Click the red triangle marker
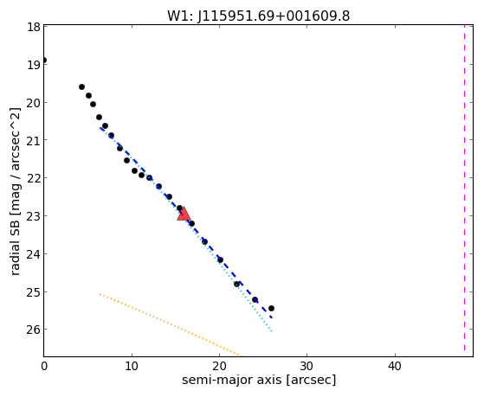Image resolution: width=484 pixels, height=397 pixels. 184,214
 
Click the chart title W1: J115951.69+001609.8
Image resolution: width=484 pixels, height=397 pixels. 258,16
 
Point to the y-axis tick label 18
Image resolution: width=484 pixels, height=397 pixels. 34,27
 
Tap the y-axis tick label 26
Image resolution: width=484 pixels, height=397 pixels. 34,330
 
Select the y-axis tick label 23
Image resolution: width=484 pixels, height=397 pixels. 34,215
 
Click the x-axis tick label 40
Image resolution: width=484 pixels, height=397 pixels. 395,366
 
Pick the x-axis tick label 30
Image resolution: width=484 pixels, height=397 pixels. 307,366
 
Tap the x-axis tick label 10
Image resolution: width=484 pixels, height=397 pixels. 132,366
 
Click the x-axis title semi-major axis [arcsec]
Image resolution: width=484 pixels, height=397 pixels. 259,380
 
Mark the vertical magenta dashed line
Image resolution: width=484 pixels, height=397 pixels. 464,188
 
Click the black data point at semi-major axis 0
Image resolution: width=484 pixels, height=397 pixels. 44,61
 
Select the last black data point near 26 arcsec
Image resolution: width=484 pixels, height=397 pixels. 271,308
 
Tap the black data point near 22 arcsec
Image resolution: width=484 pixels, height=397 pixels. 236,284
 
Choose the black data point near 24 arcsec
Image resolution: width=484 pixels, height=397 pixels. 255,299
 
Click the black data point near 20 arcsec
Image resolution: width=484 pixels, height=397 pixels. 220,260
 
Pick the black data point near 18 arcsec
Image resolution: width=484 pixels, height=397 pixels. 204,241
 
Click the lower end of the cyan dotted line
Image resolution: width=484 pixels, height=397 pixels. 271,331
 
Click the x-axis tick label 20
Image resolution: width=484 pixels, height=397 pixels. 219,366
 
